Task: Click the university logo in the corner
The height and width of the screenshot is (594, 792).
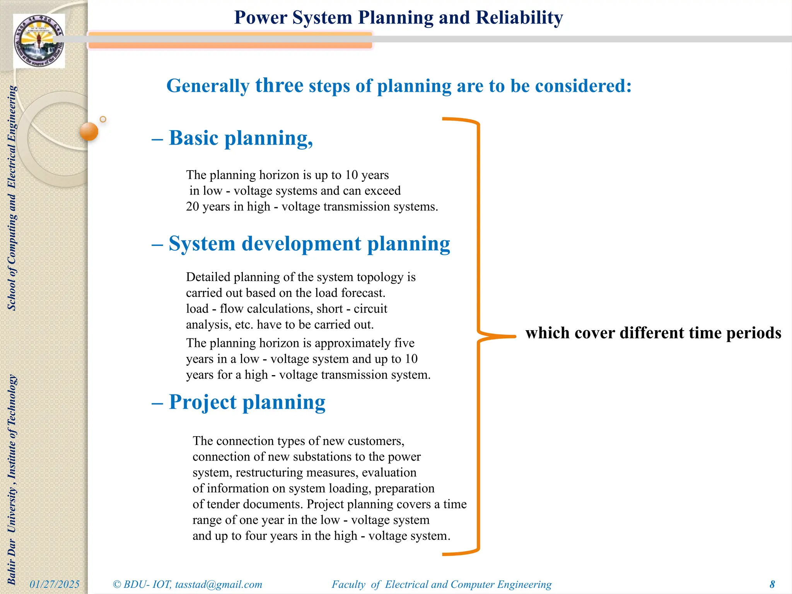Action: coord(39,41)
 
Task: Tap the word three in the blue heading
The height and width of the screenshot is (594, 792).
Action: coord(279,85)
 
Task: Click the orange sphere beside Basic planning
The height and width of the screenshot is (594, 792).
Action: coord(89,131)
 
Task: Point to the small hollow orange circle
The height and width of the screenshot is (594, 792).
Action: coord(103,119)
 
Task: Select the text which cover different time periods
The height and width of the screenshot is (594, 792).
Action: coord(653,333)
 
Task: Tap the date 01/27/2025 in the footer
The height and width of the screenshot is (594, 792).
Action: coord(55,584)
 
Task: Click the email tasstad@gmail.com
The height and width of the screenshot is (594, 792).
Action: coord(218,584)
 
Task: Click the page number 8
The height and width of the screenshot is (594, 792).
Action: coord(772,584)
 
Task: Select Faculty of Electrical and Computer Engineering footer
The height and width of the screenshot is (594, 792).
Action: coord(441,584)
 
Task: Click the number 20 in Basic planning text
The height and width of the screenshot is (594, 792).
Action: coord(192,207)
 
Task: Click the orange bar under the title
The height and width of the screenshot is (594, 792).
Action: coord(230,40)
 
